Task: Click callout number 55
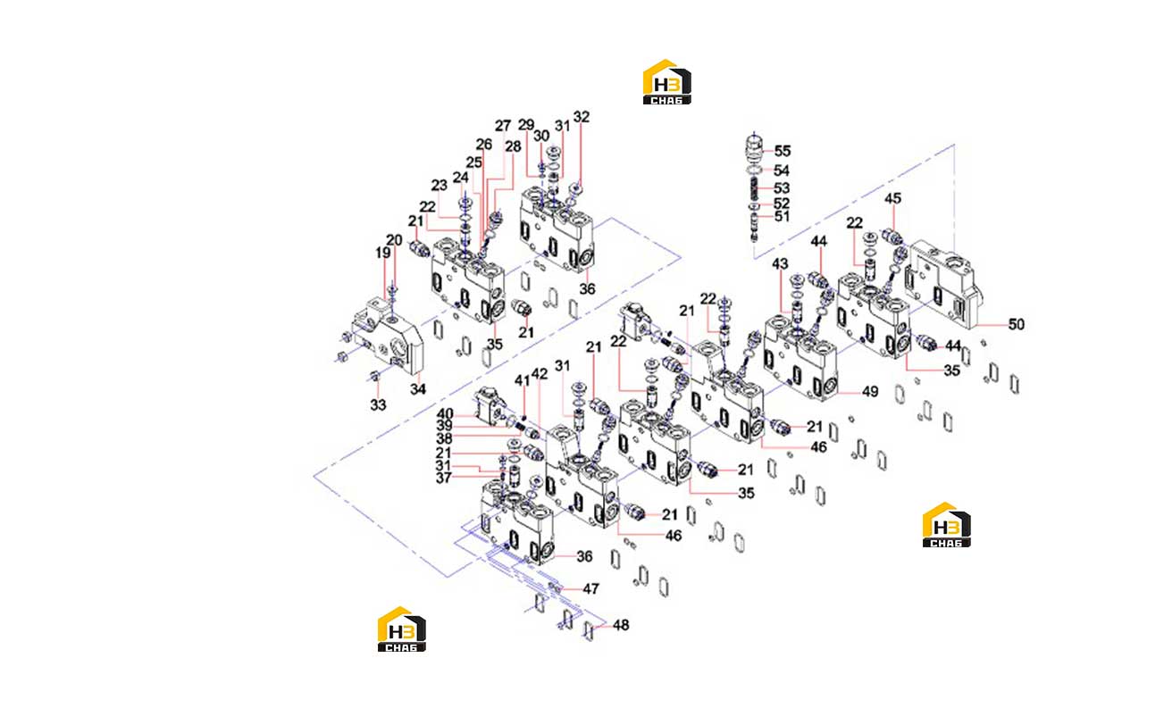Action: [x=782, y=151]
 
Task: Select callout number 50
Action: [x=1016, y=325]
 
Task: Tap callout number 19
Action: [x=383, y=253]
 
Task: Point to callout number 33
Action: [x=378, y=404]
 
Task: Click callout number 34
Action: [x=418, y=389]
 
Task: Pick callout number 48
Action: [x=621, y=625]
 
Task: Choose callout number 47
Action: [x=590, y=588]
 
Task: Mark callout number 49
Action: [x=870, y=392]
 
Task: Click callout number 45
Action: [x=892, y=198]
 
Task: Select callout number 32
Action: [x=582, y=117]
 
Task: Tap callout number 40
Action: [x=445, y=414]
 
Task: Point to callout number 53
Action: [x=782, y=188]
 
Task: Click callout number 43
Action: [x=780, y=264]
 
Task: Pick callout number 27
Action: [x=503, y=126]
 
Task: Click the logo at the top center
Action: [x=666, y=82]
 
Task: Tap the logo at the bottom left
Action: [x=402, y=629]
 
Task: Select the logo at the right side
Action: [x=946, y=525]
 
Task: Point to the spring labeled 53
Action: [x=754, y=188]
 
